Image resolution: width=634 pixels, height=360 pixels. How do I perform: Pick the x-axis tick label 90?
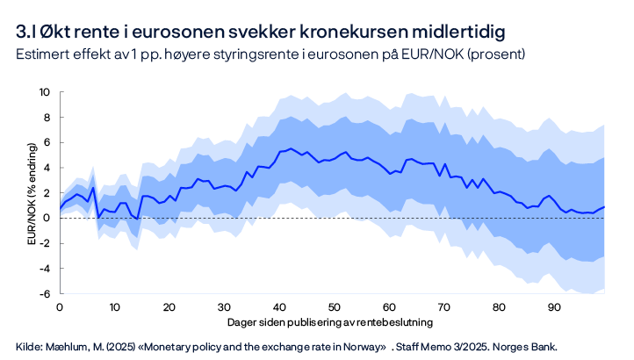[555, 307]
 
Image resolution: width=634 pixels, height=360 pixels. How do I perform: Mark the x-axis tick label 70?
[444, 307]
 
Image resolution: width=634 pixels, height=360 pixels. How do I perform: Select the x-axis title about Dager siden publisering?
[332, 322]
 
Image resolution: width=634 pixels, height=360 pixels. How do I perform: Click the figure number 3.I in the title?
[25, 33]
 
